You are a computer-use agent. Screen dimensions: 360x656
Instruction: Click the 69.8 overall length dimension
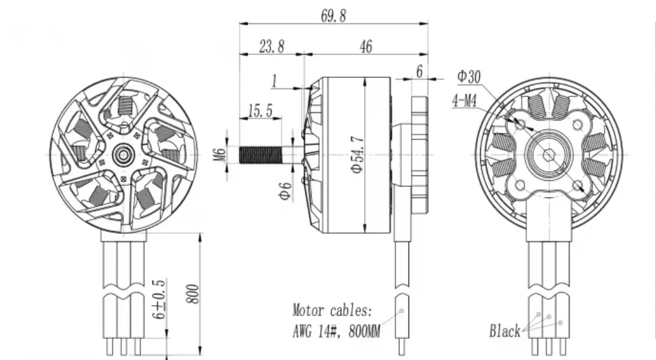333,16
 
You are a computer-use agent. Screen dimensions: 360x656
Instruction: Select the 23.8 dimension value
272,47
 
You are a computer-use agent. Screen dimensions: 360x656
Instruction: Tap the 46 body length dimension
365,47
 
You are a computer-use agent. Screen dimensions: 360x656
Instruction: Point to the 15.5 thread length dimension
260,111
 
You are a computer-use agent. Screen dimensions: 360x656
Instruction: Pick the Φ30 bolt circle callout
469,77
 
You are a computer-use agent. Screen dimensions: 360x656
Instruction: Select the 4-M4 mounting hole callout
465,100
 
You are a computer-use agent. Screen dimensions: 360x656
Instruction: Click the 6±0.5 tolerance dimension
160,299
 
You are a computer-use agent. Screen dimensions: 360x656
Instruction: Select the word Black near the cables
505,332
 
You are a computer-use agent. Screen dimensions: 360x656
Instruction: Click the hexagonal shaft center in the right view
549,154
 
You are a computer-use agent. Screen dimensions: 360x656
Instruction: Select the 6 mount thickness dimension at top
419,72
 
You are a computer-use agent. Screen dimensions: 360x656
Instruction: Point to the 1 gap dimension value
274,81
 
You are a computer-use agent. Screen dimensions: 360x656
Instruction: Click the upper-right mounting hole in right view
577,125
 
